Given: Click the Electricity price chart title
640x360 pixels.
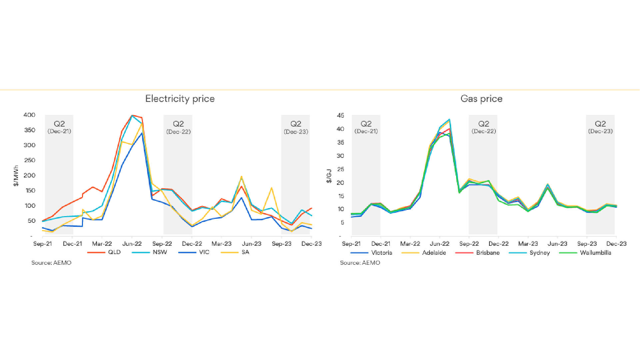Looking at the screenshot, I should pos(180,99).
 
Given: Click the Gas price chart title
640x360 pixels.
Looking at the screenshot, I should pos(481,99).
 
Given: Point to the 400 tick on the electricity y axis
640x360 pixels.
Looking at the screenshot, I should pos(29,115).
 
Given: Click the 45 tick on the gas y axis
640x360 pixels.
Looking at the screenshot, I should pos(340,116).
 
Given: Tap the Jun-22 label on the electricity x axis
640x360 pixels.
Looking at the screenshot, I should pos(132,244).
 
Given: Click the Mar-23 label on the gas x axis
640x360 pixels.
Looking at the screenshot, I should pos(528,244).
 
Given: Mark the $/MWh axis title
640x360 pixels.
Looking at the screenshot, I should pos(16,176).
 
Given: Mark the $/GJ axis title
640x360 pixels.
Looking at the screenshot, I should pos(329,176).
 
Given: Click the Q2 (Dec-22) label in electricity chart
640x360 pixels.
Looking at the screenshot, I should pos(178,128).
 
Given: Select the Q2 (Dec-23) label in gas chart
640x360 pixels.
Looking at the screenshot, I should pos(600,128).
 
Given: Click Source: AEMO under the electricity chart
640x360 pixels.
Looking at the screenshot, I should pos(51,263).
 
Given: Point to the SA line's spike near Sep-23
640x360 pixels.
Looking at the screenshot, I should pos(272,188).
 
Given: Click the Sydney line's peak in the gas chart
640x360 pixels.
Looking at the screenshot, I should pos(449,120).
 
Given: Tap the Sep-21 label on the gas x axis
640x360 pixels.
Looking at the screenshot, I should pos(351,244).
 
